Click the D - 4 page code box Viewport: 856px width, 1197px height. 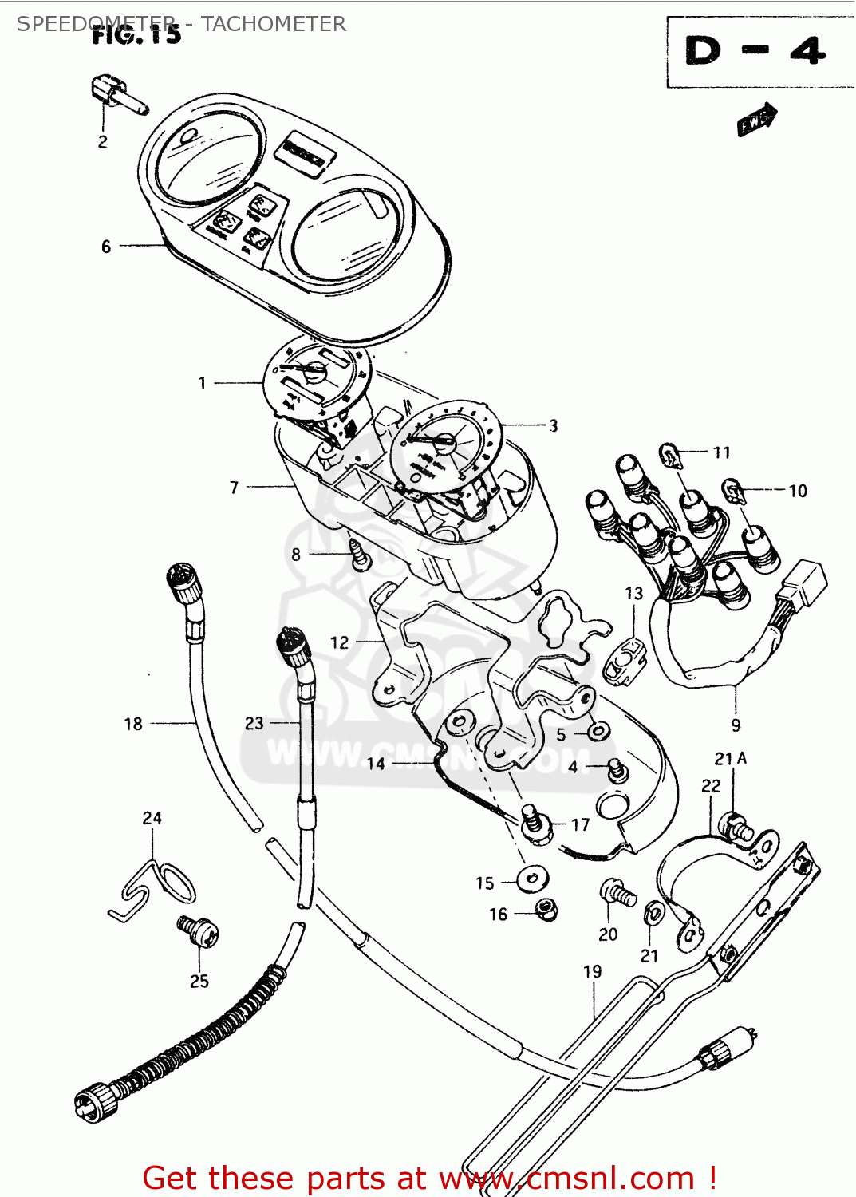pyautogui.click(x=755, y=52)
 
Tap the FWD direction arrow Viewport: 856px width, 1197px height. pyautogui.click(x=756, y=120)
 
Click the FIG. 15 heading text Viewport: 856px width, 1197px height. pyautogui.click(x=136, y=35)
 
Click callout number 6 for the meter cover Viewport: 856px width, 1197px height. pyautogui.click(x=106, y=247)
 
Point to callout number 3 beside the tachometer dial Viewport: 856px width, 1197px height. pyautogui.click(x=553, y=425)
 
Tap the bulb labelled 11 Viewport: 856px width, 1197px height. pyautogui.click(x=671, y=456)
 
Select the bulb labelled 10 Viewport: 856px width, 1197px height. pyautogui.click(x=733, y=491)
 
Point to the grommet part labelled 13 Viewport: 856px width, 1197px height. pyautogui.click(x=624, y=661)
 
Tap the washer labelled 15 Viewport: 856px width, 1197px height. pyautogui.click(x=532, y=879)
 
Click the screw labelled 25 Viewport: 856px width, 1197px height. pyautogui.click(x=198, y=931)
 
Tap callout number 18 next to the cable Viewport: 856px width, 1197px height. pyautogui.click(x=133, y=724)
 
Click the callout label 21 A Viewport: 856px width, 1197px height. pyautogui.click(x=730, y=758)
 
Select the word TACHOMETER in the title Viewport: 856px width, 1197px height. pyautogui.click(x=274, y=24)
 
